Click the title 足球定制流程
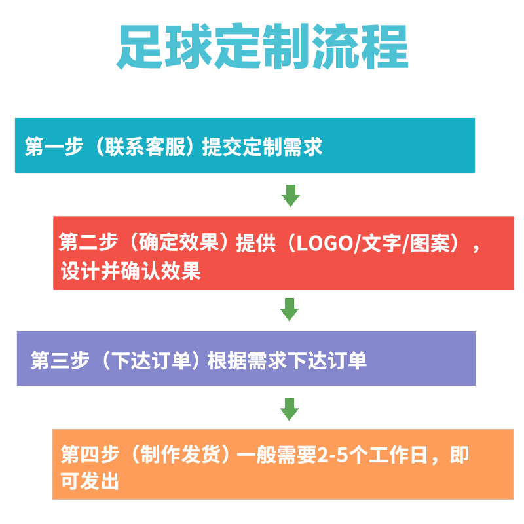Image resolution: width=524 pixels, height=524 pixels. [x=262, y=47]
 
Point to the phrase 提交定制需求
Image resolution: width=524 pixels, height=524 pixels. [x=262, y=146]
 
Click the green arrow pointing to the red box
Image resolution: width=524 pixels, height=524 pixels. [x=290, y=195]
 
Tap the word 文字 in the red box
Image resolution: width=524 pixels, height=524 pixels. [x=378, y=244]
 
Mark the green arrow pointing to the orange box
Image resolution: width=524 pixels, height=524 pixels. [x=290, y=409]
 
